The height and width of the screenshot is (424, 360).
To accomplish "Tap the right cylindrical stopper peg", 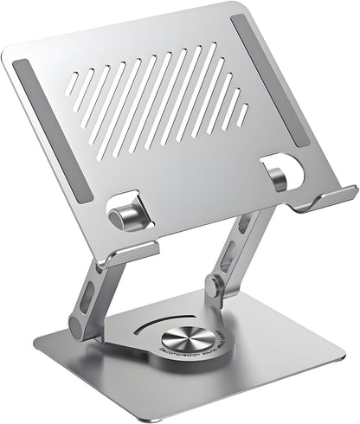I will point(277,177).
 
